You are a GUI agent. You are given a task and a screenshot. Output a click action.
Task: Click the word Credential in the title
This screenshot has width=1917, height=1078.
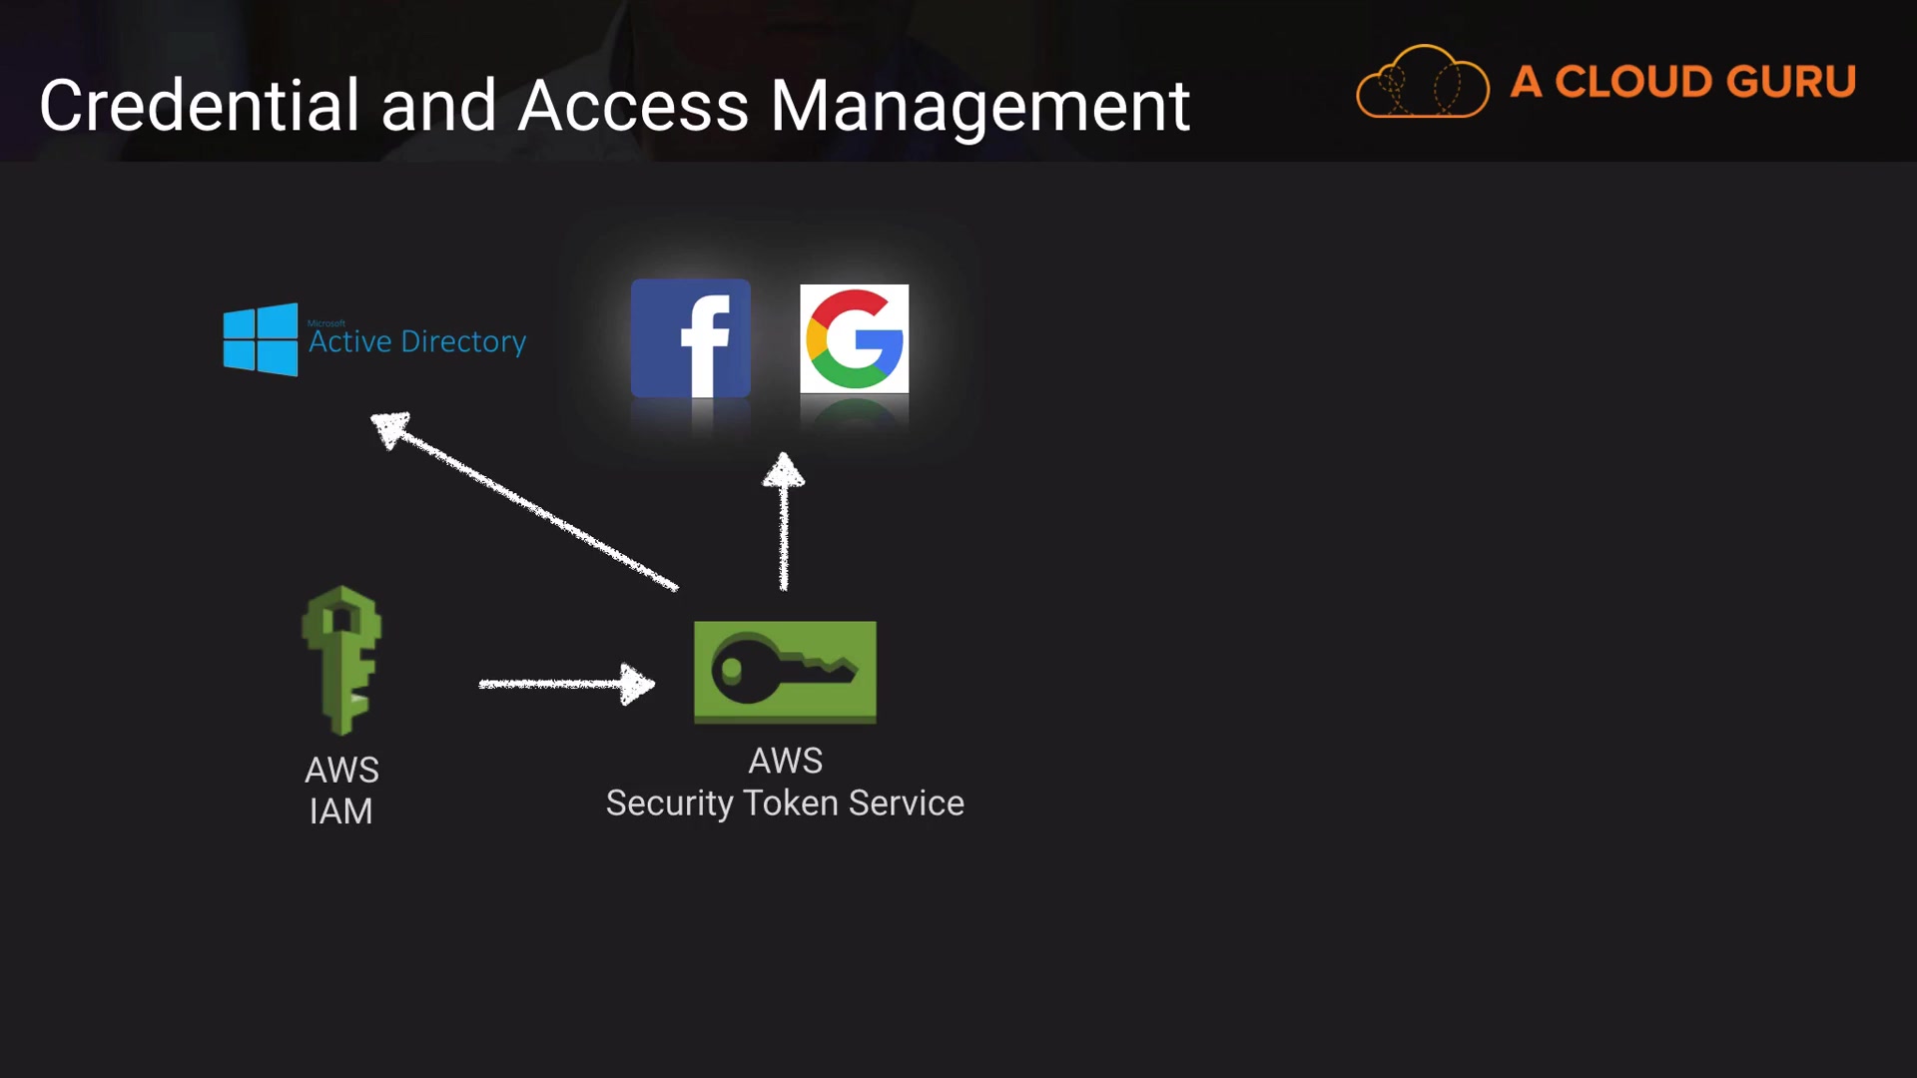[199, 106]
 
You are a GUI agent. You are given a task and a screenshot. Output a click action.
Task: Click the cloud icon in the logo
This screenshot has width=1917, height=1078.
[1422, 83]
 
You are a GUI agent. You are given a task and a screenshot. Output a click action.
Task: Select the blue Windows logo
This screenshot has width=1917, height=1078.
[261, 339]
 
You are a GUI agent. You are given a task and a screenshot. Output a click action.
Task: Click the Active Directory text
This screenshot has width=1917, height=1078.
[417, 341]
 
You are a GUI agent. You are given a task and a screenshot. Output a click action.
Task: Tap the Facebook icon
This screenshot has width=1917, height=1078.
[690, 338]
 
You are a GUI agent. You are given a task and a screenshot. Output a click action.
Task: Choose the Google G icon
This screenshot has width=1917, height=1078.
[855, 338]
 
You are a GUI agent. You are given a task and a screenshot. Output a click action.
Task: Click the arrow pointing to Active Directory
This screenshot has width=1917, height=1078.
[523, 500]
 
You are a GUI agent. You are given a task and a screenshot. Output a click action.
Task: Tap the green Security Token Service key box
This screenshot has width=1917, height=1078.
[785, 671]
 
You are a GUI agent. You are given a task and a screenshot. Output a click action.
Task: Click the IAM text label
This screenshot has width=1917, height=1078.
[340, 811]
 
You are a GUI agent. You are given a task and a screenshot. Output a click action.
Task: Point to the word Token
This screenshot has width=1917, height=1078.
[791, 804]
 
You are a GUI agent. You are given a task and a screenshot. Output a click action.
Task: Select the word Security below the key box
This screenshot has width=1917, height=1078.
[669, 804]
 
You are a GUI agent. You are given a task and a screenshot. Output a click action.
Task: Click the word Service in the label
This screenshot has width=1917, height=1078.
[906, 804]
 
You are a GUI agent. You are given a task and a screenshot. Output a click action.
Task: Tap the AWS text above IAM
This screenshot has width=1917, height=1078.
[341, 770]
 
